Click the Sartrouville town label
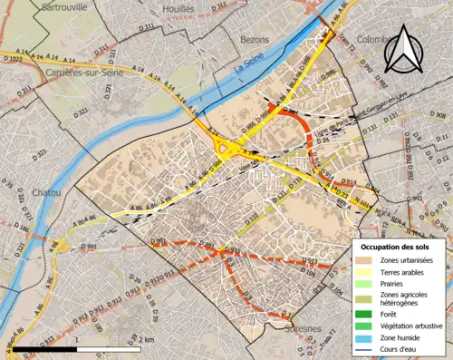coord(65,5)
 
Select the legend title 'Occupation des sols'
coord(397,247)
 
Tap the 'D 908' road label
coord(436,117)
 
